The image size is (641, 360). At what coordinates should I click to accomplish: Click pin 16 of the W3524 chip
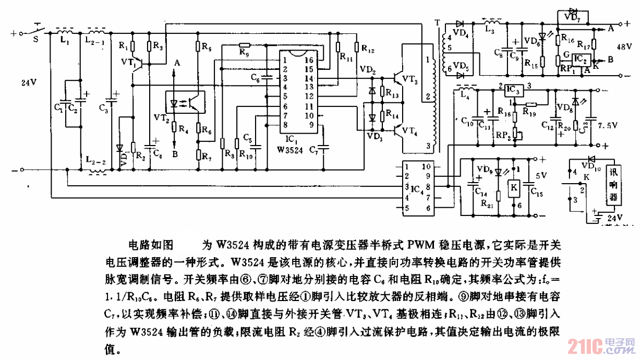point(309,61)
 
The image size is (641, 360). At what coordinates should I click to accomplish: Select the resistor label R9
point(243,53)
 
